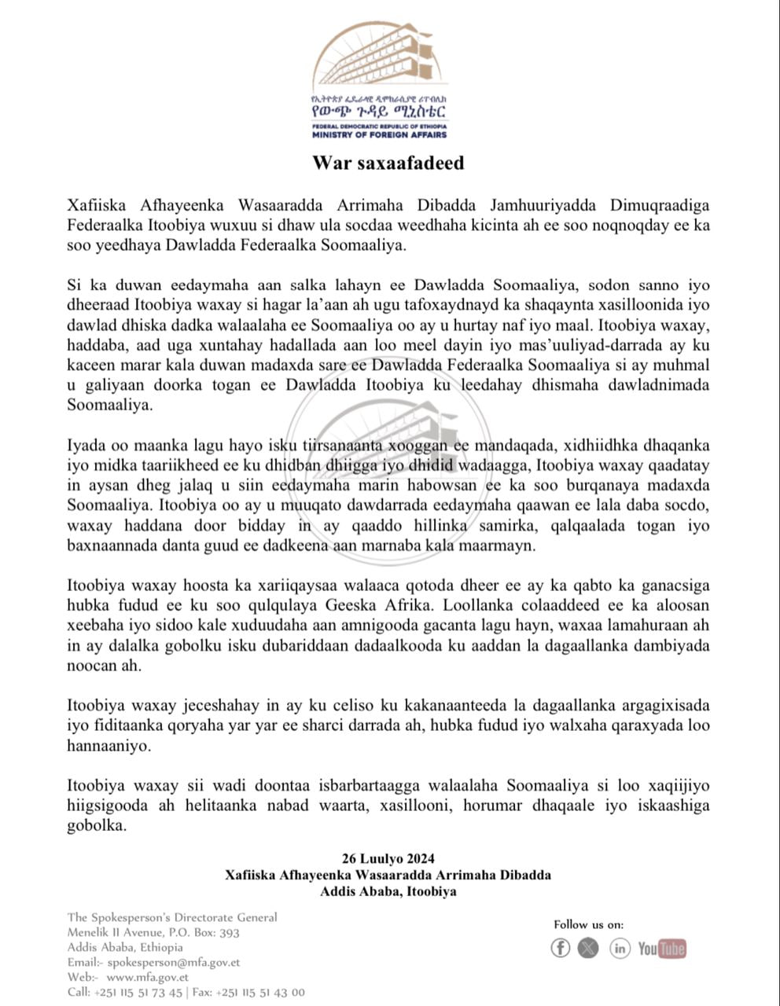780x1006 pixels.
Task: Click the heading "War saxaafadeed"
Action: tap(388, 163)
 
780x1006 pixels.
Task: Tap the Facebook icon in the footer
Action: tap(560, 948)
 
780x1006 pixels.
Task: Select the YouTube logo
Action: tap(662, 949)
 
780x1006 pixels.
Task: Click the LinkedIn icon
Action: tap(620, 948)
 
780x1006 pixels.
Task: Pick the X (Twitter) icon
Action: tap(588, 948)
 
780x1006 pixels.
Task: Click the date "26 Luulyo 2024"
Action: tap(388, 858)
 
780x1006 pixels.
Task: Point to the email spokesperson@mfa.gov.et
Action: tap(174, 962)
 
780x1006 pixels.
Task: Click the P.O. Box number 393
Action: tap(229, 932)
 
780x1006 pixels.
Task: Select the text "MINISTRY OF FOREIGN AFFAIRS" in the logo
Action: tap(379, 134)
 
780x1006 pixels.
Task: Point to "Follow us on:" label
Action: tap(589, 924)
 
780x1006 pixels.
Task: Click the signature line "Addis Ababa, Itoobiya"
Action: tap(388, 891)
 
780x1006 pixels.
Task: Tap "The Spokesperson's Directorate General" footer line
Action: tap(172, 917)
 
